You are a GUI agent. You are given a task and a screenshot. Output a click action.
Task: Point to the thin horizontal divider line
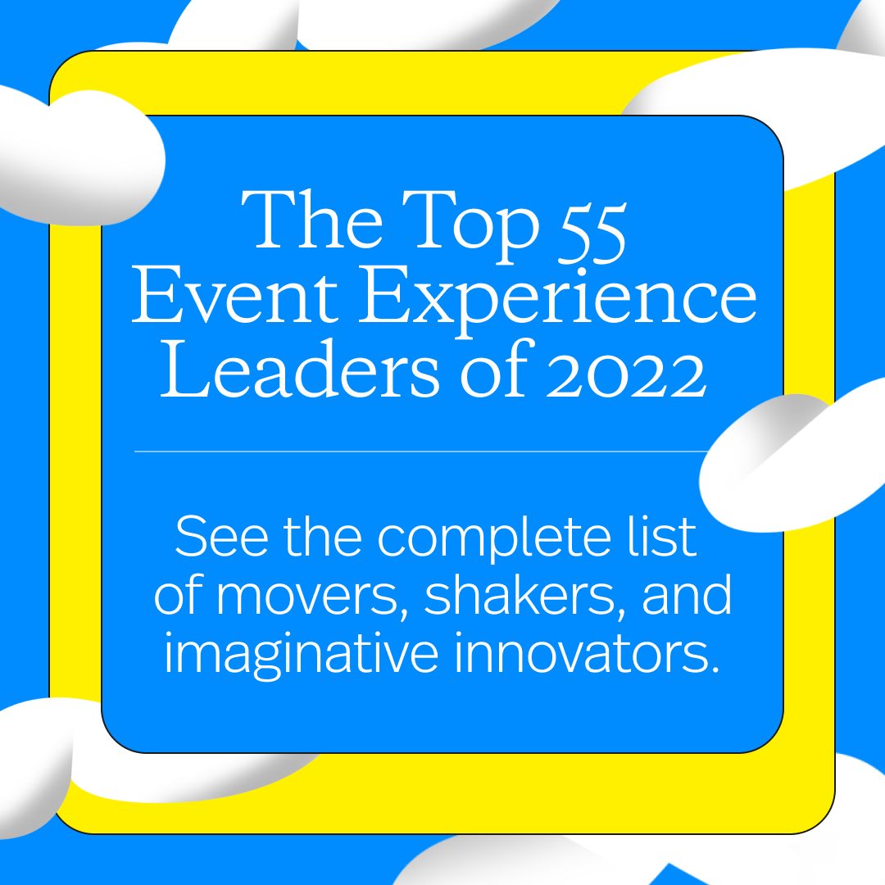click(418, 452)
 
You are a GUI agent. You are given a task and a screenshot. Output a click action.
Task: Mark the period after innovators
click(713, 667)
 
